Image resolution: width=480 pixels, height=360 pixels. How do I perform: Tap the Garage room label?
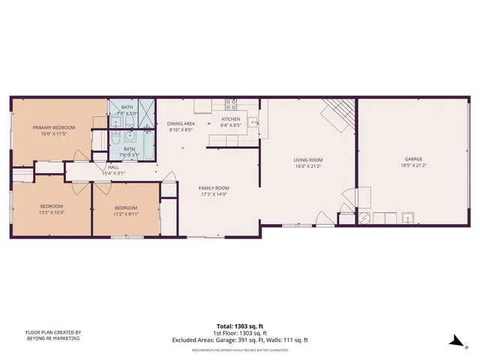coord(414,159)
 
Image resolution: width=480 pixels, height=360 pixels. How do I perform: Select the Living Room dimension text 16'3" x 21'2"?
coord(307,166)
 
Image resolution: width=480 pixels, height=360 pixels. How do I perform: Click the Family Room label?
coord(214,187)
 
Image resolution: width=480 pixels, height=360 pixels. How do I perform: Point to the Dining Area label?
coord(181,124)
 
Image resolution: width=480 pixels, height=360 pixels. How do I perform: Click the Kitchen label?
coord(230,119)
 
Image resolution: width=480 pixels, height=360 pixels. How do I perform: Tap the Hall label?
coord(113,167)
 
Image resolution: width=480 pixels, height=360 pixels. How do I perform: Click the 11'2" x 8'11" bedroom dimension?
coord(126,214)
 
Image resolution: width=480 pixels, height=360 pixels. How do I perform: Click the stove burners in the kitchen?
coord(232,104)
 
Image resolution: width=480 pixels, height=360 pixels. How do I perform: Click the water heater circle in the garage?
coord(364,218)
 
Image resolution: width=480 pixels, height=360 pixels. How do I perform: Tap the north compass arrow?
coord(455,340)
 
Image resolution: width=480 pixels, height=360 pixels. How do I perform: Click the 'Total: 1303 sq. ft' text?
coord(239,326)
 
